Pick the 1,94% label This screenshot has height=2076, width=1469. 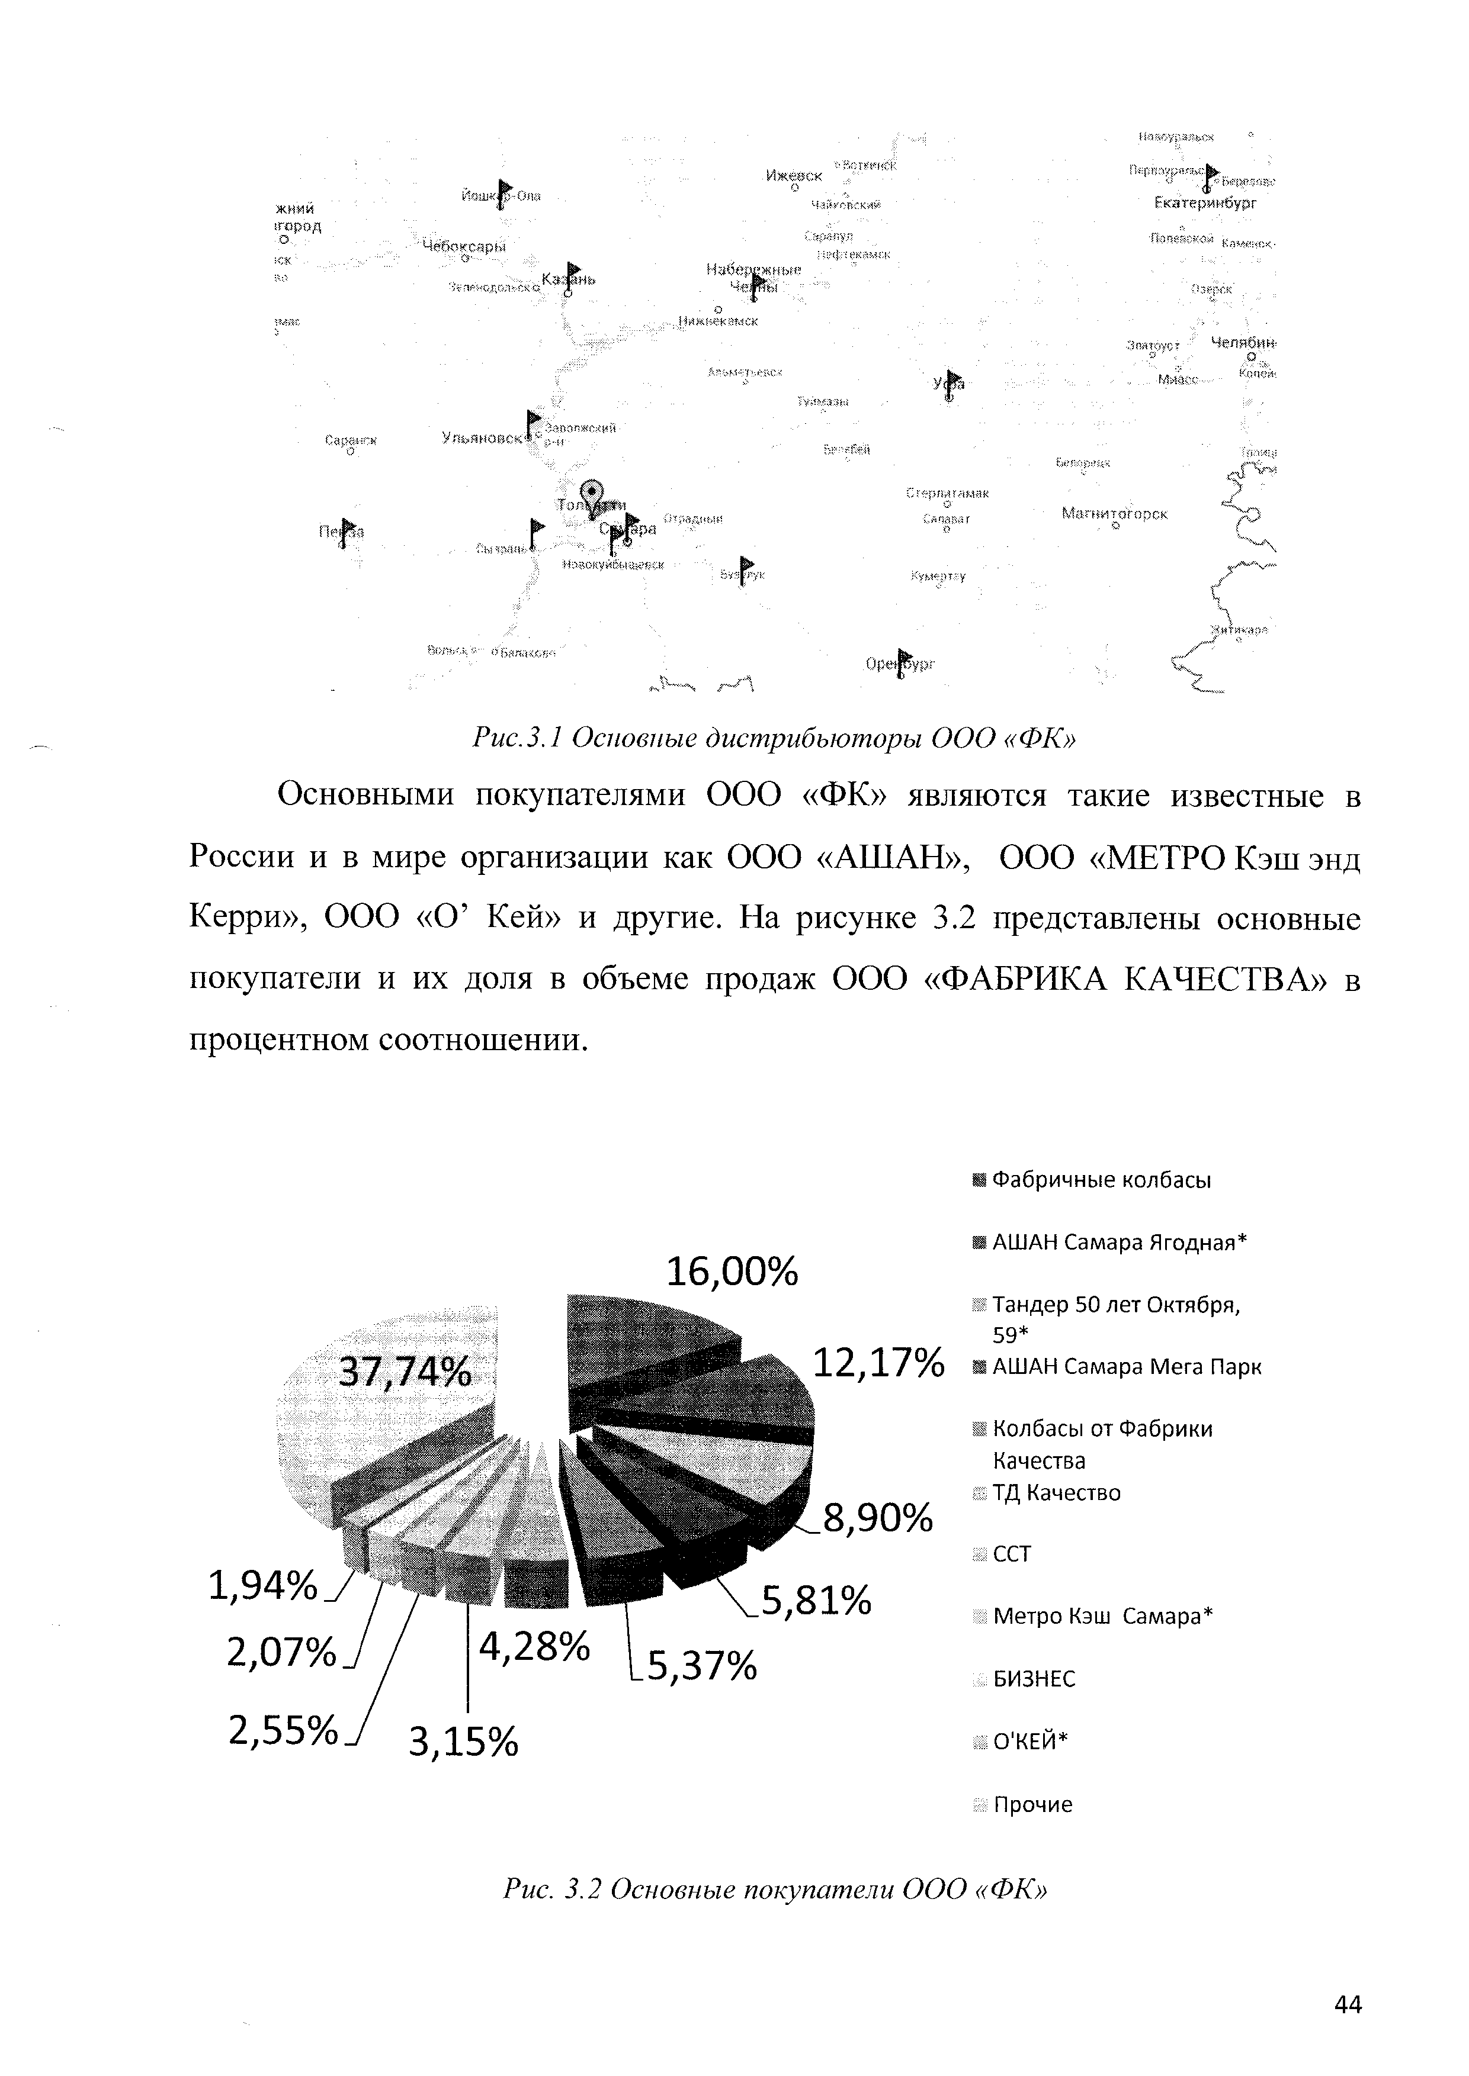point(263,1585)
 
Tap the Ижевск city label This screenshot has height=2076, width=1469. point(793,175)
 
